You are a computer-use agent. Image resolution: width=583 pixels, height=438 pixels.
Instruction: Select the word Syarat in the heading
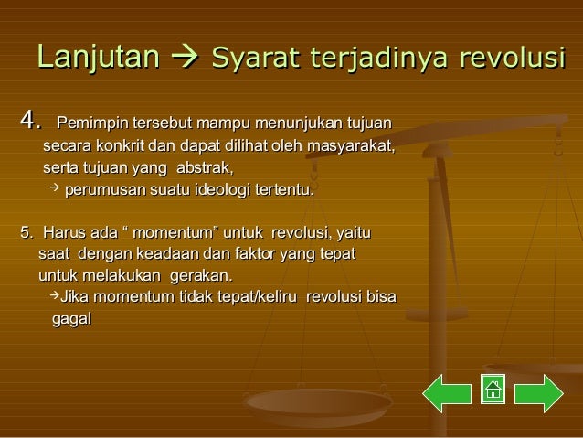246,59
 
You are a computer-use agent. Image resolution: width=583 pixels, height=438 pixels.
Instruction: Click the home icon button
493,390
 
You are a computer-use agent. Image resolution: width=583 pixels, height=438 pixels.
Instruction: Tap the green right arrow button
538,390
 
